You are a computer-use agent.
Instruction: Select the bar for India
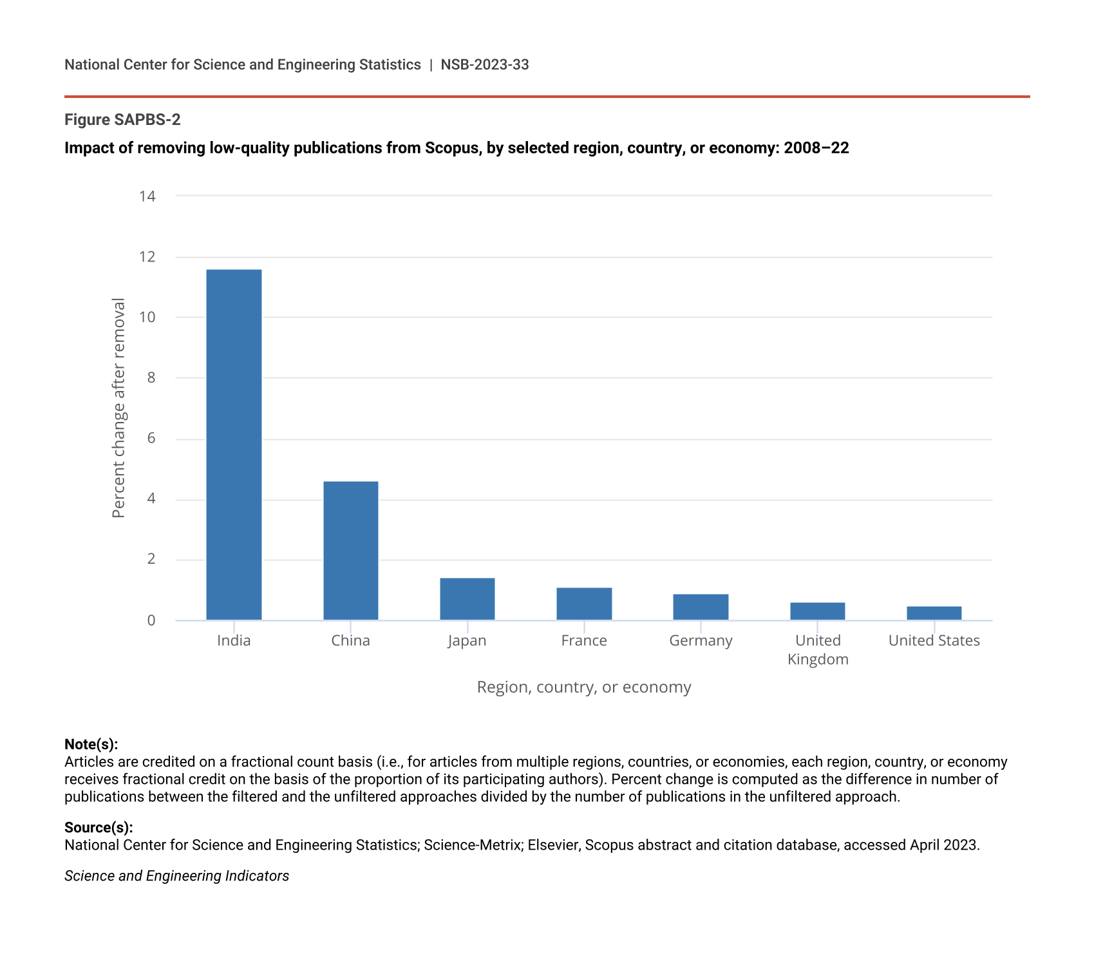pos(234,444)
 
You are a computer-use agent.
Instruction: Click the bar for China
pos(350,551)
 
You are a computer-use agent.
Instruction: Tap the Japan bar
pos(467,599)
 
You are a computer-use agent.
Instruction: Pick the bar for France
pos(584,604)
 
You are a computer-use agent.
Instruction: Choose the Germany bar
pos(701,607)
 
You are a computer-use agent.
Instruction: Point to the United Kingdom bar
pos(817,611)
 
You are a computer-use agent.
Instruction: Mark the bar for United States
pos(934,613)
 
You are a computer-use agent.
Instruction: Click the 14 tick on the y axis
pos(147,196)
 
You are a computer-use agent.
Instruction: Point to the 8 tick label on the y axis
pos(151,377)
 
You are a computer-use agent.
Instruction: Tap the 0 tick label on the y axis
pos(151,620)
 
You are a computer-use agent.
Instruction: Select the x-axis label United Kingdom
pos(818,649)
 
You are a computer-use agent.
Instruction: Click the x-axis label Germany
pos(701,640)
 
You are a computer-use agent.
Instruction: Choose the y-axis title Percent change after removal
pos(118,408)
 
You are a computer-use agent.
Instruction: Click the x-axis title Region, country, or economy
pos(584,687)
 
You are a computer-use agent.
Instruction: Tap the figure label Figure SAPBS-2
pos(122,120)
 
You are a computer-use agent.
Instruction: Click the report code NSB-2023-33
pos(485,64)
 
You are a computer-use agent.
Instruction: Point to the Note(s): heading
pos(91,744)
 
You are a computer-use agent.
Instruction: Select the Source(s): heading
pos(99,827)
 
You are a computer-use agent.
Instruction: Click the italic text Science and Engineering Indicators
pos(176,875)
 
